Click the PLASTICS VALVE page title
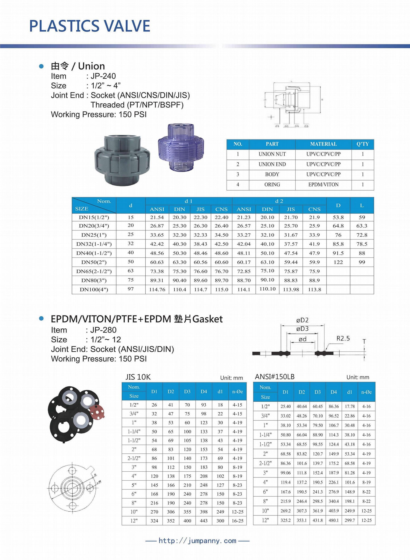(89, 26)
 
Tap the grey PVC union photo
(122, 160)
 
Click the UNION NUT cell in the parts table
(272, 154)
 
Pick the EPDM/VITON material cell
(323, 185)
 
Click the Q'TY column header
(363, 144)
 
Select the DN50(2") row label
(94, 262)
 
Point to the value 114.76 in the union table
(157, 290)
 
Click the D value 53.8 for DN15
(338, 217)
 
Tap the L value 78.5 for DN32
(362, 244)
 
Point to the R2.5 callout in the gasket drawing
(343, 339)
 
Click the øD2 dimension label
(302, 320)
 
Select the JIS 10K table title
(138, 377)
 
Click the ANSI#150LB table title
(275, 377)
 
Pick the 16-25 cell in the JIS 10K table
(237, 521)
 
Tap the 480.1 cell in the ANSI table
(333, 520)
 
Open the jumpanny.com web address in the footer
(197, 541)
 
